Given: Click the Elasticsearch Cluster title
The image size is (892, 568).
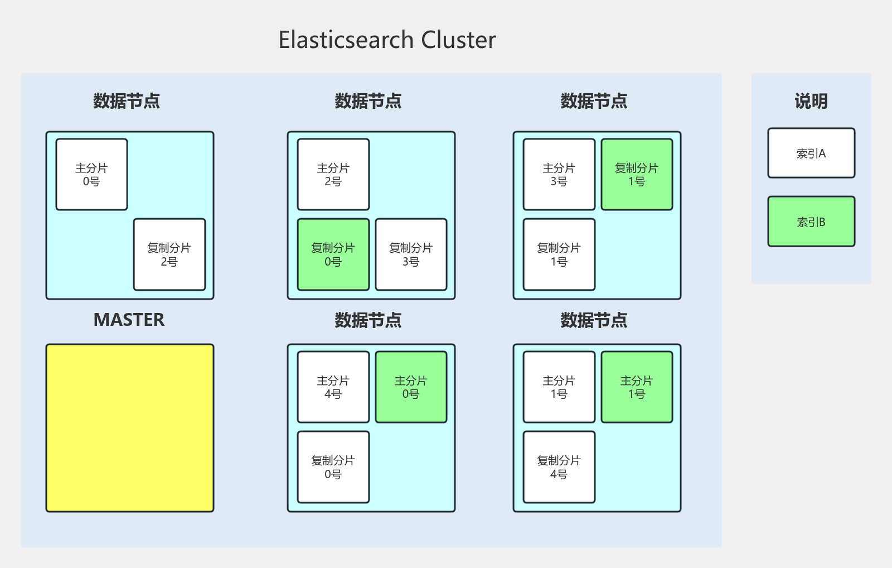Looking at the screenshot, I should pos(387,40).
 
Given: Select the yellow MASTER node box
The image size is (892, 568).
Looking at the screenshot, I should pos(130,428).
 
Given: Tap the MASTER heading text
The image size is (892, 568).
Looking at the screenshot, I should pos(129,320).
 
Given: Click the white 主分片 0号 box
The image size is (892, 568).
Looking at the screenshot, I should pos(92,175).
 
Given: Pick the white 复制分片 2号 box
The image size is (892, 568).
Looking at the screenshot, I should pos(169,254).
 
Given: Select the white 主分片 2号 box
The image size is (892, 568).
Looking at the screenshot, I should pos(333,175).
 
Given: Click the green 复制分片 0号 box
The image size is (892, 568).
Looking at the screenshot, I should pos(333,254).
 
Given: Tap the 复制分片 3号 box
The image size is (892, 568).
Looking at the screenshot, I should pos(411,254).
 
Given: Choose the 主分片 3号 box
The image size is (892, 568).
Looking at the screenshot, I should pos(559,175).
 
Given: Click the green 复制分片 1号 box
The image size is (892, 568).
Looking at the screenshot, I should pos(637,175).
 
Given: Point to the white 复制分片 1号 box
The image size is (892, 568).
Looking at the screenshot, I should pos(559,254).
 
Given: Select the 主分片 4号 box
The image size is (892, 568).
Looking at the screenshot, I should pos(333,387).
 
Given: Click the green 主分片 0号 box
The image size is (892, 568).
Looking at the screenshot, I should pos(411,387).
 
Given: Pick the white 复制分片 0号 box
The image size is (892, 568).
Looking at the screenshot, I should pos(333,467).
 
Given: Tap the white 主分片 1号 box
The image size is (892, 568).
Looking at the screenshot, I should pos(559,387).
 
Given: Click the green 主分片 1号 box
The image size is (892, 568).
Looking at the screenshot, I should pos(637,387).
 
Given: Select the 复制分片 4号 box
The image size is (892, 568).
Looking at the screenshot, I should pos(559,467).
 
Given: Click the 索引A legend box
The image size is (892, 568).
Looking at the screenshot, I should pos(811,153).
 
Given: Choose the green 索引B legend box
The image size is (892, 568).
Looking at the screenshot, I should pos(811,222).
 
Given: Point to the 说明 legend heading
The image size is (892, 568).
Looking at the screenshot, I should pos(811,102).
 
